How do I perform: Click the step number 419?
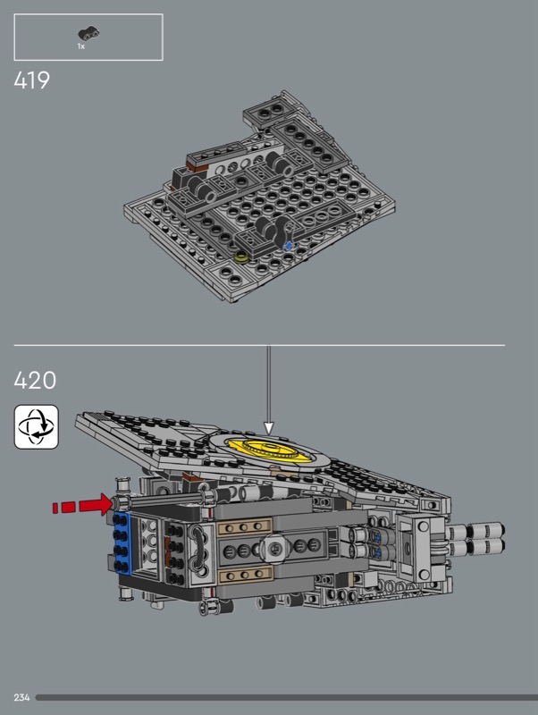coord(31,80)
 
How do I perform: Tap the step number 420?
coord(35,380)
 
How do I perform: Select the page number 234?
coord(21,697)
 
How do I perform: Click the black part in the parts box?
coord(88,32)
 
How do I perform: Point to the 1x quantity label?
coord(80,46)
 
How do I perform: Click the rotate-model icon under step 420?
coord(37,427)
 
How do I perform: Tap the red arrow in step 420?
coord(82,506)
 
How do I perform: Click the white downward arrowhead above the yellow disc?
coord(269,428)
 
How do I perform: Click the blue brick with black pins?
coord(122,543)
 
